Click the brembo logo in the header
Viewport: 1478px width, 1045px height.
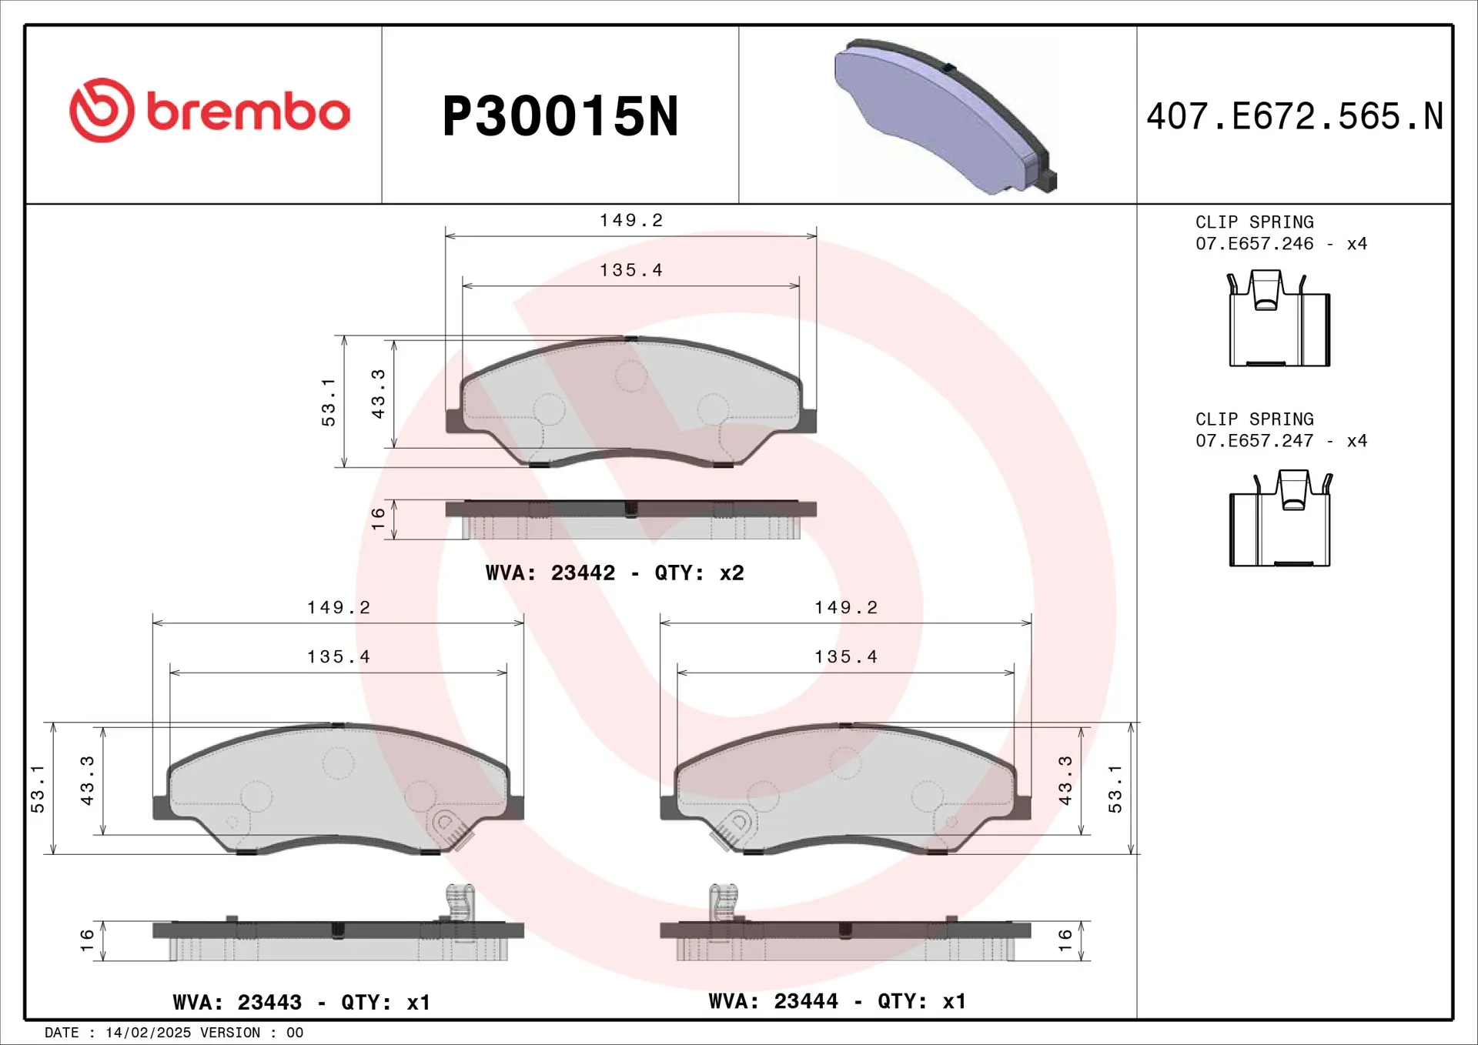(209, 110)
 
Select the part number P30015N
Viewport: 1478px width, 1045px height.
(560, 116)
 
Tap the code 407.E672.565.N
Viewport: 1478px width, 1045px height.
(1295, 116)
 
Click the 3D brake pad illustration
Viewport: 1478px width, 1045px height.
(945, 115)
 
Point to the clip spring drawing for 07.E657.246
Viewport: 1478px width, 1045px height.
(1279, 318)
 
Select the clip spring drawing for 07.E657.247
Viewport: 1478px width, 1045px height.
(1280, 518)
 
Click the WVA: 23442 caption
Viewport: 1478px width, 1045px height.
(550, 573)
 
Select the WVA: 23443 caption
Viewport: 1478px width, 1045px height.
(237, 1002)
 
